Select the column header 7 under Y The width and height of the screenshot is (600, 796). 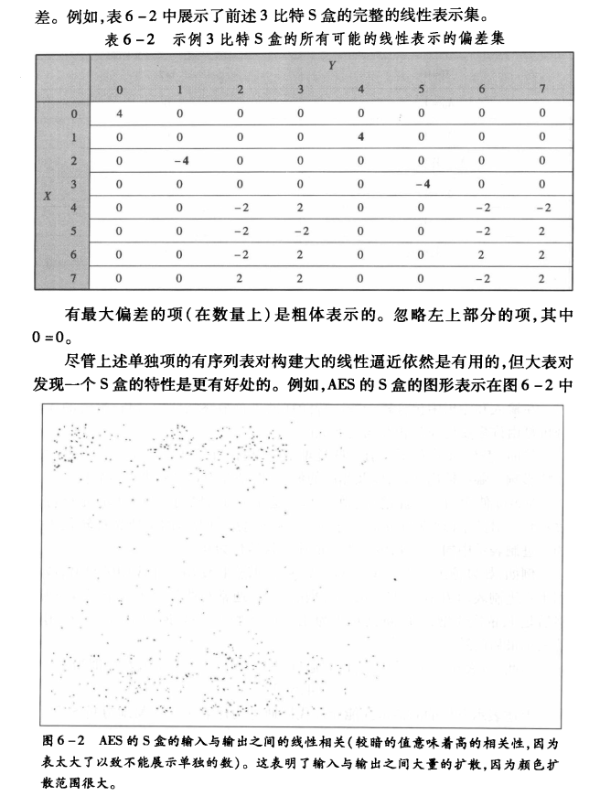tap(542, 90)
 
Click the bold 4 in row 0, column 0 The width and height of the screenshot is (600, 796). tap(120, 113)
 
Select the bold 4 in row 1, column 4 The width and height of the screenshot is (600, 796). tap(361, 137)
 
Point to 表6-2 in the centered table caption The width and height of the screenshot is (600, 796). tap(134, 39)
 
